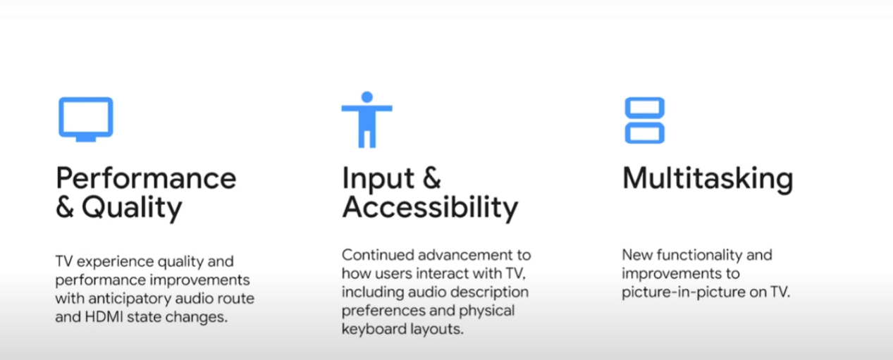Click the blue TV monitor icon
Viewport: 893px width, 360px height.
pos(86,99)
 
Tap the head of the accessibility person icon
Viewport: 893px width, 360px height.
pos(367,97)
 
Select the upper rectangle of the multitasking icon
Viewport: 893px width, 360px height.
pos(644,99)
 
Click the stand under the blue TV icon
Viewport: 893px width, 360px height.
pos(86,139)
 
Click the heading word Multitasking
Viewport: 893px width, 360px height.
pos(708,180)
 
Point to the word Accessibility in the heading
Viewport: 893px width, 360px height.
pos(430,208)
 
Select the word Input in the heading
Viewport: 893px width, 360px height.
pos(378,179)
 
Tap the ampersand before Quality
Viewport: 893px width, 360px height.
pos(65,208)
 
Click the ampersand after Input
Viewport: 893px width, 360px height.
pos(432,178)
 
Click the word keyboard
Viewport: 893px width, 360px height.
pos(374,329)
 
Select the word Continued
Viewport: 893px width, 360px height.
pos(377,255)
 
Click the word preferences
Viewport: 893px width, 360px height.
pos(383,311)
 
